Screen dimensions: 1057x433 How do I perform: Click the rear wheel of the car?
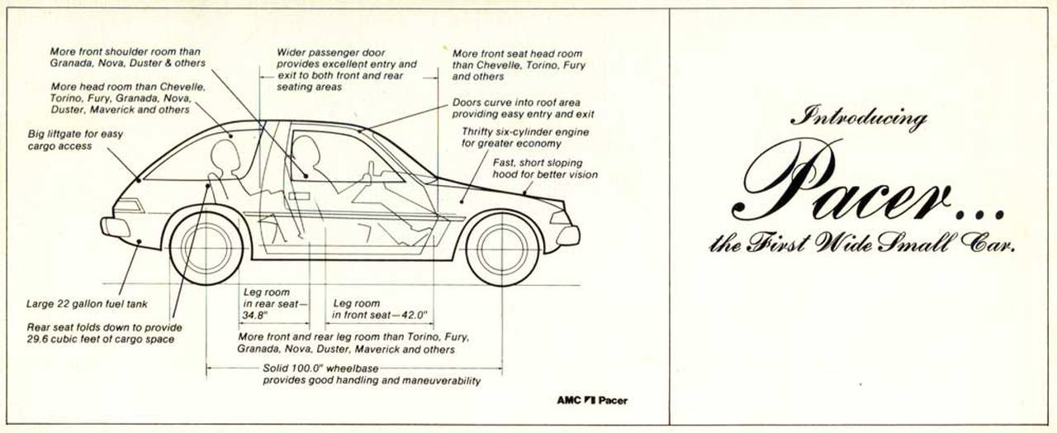click(206, 248)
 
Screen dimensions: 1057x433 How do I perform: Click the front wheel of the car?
click(503, 249)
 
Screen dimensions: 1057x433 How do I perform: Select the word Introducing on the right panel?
click(860, 118)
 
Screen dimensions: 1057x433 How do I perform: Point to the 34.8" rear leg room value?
click(255, 316)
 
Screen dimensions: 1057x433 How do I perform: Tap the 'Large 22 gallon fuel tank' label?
click(87, 304)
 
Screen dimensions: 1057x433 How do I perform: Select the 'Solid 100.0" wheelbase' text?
click(320, 369)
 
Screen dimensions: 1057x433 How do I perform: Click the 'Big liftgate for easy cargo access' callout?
click(75, 140)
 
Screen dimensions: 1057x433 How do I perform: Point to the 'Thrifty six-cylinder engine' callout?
click(525, 138)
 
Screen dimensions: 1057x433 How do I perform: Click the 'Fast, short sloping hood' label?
click(545, 169)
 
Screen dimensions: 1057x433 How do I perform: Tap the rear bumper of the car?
click(114, 227)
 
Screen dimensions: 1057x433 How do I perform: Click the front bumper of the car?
click(568, 236)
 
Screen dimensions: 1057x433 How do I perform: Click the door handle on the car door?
click(299, 196)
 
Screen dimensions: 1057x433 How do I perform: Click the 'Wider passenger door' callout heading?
click(331, 53)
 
